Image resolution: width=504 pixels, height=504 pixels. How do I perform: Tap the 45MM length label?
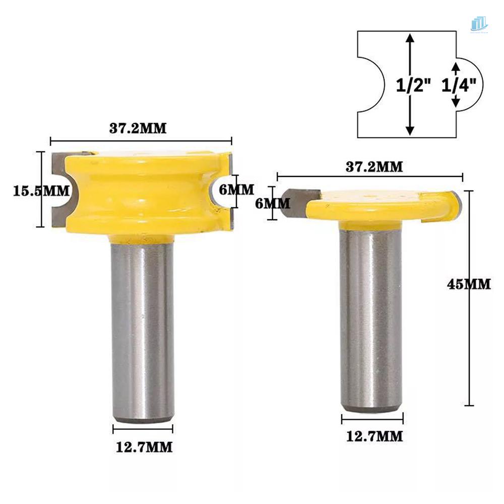(x=469, y=284)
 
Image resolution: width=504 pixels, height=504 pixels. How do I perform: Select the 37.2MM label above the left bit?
(x=138, y=128)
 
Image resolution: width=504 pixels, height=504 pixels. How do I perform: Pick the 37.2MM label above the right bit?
(x=374, y=167)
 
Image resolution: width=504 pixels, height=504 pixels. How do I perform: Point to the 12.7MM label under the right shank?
(x=374, y=436)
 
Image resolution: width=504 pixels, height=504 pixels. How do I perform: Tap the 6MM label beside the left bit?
(x=237, y=190)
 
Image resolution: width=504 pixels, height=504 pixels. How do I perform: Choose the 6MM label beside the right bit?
(x=273, y=203)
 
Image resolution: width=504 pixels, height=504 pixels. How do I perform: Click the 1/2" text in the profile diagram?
(x=413, y=86)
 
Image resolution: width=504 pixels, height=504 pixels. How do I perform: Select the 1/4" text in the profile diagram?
(x=459, y=86)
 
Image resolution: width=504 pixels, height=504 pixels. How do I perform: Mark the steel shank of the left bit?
(x=143, y=328)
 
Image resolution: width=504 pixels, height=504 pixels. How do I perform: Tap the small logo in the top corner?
(x=478, y=24)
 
